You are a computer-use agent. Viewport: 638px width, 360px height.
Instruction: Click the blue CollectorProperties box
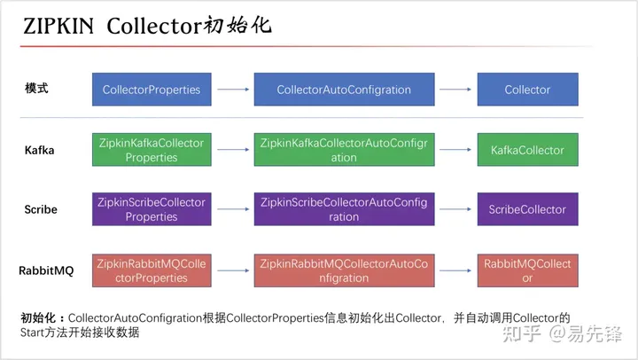coord(152,90)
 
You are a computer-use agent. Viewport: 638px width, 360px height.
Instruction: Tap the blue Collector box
coord(527,90)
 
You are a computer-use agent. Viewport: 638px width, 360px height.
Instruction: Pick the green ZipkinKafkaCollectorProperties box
coord(152,150)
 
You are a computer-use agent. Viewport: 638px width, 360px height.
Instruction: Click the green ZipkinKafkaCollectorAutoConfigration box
coord(344,150)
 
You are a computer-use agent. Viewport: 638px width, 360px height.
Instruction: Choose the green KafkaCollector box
coord(527,150)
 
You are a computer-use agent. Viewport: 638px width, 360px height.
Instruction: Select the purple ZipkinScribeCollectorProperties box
coord(152,209)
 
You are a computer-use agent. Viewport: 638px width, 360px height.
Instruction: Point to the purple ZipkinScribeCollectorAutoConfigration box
coord(344,209)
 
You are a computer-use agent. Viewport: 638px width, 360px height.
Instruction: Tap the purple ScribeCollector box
coord(527,209)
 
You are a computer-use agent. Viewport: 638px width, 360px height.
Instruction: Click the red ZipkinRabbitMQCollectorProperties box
coord(152,270)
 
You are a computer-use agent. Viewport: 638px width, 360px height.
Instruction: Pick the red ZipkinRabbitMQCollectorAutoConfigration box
coord(344,270)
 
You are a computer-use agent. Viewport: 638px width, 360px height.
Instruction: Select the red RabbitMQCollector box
coord(527,270)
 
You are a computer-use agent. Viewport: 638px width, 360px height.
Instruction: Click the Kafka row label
coord(40,150)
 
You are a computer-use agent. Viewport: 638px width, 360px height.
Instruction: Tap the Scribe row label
coord(41,210)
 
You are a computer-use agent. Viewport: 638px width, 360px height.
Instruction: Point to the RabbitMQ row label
coord(46,270)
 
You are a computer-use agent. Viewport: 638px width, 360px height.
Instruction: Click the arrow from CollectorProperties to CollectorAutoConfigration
coord(232,90)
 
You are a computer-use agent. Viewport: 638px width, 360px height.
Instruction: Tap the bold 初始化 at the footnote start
coord(41,317)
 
